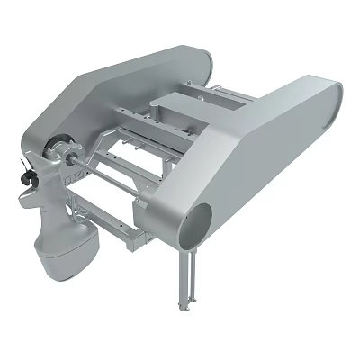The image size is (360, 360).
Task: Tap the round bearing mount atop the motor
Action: coord(58,148)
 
